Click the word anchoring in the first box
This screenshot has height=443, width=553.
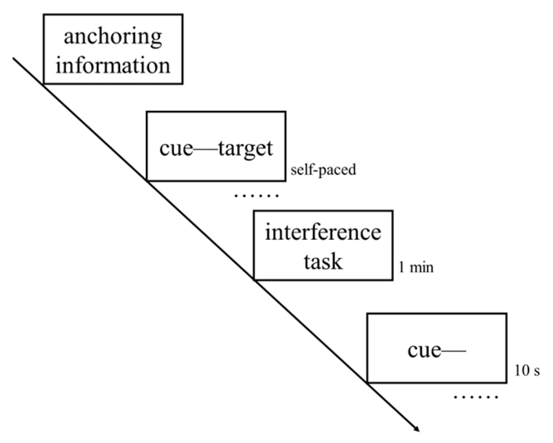click(113, 37)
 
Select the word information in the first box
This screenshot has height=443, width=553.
click(113, 66)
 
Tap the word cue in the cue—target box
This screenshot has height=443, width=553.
click(176, 148)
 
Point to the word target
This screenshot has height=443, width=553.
click(246, 149)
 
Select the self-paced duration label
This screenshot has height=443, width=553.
click(323, 170)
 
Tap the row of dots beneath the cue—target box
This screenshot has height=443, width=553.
click(256, 195)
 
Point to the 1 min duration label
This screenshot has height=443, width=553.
click(416, 267)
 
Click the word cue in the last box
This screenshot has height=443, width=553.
click(424, 350)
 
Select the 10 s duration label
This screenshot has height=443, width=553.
click(527, 370)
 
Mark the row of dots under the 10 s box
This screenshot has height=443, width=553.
click(476, 397)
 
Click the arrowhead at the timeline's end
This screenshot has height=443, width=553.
click(416, 429)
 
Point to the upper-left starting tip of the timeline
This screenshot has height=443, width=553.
click(14, 59)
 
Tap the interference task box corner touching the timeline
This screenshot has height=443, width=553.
click(254, 280)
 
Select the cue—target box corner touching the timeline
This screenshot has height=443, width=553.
click(147, 181)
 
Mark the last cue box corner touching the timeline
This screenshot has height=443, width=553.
click(368, 382)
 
